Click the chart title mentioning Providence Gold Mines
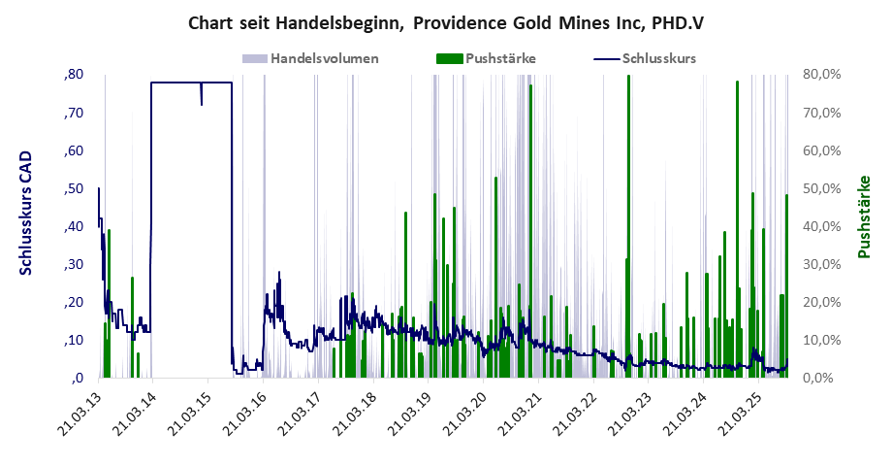[x=445, y=20]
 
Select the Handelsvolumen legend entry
[x=324, y=58]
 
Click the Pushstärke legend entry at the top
[x=500, y=58]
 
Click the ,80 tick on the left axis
[x=74, y=76]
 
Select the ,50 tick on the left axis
[x=74, y=189]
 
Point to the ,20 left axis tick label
[x=74, y=303]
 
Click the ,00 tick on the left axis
[x=74, y=379]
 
